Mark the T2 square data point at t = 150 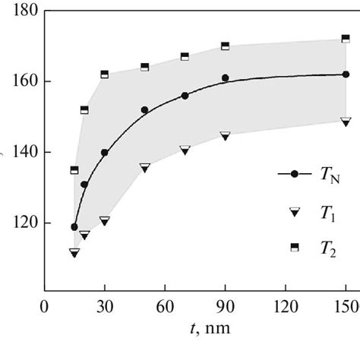click(346, 38)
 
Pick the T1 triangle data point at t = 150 click(346, 121)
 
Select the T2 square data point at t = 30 click(105, 74)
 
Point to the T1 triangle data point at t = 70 click(185, 150)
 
